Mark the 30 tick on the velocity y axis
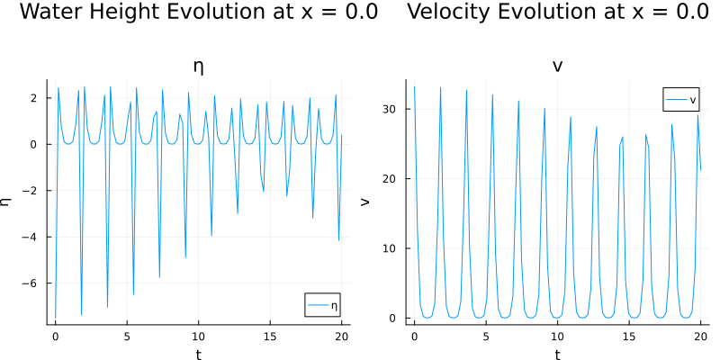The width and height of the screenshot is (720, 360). pyautogui.click(x=392, y=109)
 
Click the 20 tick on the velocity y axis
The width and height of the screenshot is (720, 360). pyautogui.click(x=392, y=178)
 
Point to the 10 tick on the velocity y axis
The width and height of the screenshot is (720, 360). pyautogui.click(x=392, y=248)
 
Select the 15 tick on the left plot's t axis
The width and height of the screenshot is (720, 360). pyautogui.click(x=270, y=336)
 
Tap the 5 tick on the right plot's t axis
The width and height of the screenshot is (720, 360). pyautogui.click(x=485, y=336)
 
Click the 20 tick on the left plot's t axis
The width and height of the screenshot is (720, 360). pyautogui.click(x=341, y=336)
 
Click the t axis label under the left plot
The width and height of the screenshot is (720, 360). pyautogui.click(x=198, y=354)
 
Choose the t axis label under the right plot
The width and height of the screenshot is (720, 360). pyautogui.click(x=557, y=354)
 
